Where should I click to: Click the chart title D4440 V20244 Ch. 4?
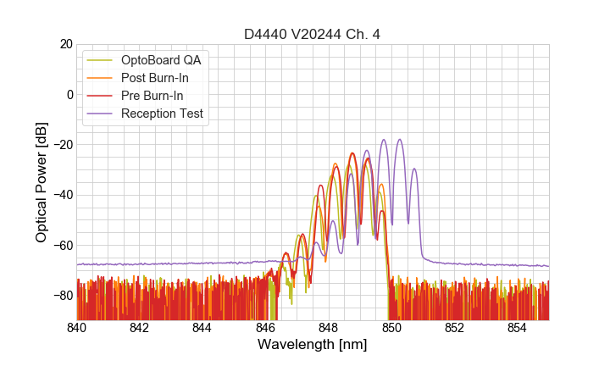pos(313,34)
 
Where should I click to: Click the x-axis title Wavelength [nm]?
pos(313,345)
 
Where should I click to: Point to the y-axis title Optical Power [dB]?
pos(42,181)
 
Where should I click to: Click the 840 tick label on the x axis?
pos(77,328)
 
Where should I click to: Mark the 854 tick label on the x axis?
pos(518,328)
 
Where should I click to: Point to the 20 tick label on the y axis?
pos(65,44)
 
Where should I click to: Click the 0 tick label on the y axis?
pos(69,94)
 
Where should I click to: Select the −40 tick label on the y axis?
pos(62,195)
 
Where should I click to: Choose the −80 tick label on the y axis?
pos(62,296)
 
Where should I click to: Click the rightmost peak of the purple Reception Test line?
pos(414,169)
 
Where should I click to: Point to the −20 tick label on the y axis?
pos(62,145)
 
